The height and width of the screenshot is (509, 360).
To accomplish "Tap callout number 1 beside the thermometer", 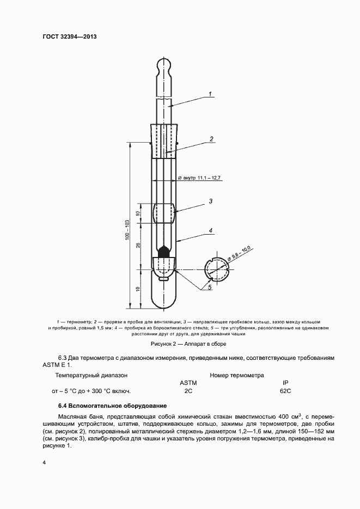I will (x=211, y=94).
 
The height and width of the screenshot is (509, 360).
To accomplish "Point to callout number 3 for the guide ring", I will (x=211, y=201).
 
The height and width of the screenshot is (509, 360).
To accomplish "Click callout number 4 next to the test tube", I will (x=211, y=231).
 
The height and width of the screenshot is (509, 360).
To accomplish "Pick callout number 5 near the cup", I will (x=210, y=285).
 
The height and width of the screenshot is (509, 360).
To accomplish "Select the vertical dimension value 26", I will (x=140, y=244).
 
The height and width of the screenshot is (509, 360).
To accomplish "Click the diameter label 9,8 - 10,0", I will (x=241, y=254).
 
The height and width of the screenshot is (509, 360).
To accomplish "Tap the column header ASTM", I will (x=188, y=383).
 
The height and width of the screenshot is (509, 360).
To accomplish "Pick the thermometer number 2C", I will (x=188, y=391).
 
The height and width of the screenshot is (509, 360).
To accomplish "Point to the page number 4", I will (x=44, y=463).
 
